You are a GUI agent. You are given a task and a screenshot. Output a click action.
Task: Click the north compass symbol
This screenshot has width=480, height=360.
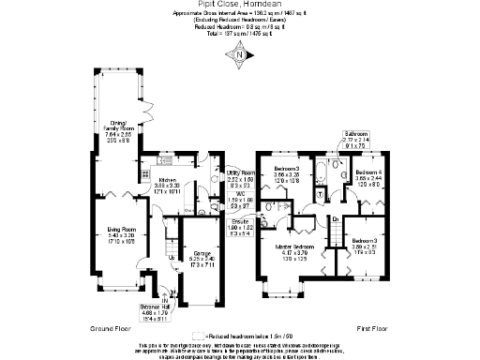point(239,54)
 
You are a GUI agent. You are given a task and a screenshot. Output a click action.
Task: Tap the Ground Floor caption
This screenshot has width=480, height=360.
point(109,329)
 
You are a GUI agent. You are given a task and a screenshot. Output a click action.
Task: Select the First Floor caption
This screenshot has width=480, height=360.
point(374,329)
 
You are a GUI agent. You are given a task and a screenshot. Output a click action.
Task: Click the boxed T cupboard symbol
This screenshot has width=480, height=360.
point(322,195)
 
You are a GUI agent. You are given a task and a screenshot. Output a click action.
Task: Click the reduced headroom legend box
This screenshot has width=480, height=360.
point(197,336)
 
